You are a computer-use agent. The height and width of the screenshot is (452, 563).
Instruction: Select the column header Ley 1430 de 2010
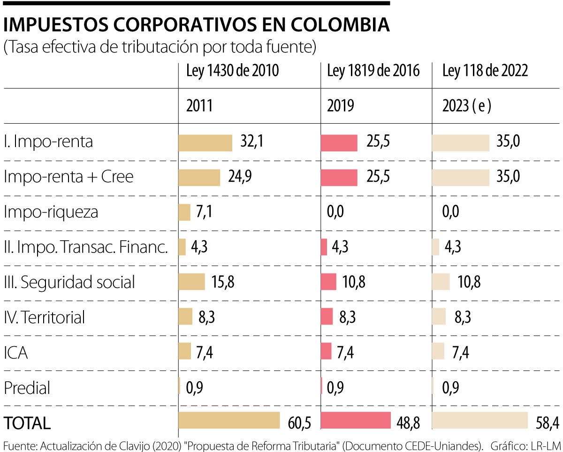[x=233, y=71]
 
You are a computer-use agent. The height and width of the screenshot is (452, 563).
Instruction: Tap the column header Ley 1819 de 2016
[x=373, y=71]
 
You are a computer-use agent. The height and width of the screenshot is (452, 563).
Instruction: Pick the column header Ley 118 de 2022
[x=485, y=71]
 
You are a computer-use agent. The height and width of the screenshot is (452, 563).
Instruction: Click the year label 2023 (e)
[x=467, y=106]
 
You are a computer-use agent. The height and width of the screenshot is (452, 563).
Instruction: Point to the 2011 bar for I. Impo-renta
[x=205, y=143]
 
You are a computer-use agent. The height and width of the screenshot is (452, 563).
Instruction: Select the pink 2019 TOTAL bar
[x=356, y=421]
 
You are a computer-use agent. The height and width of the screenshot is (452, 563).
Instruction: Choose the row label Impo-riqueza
[x=51, y=212]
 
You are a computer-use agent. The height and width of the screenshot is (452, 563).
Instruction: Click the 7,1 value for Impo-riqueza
[x=205, y=212]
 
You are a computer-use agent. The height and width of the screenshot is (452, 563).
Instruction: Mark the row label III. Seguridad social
[x=69, y=282]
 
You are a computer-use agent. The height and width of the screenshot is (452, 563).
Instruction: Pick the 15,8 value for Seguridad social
[x=223, y=282]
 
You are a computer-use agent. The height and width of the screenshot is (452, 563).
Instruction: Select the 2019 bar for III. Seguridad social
[x=328, y=282]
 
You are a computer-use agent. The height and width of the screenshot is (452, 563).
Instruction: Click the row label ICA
[x=16, y=353]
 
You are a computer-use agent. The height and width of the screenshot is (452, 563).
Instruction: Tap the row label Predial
[x=27, y=388]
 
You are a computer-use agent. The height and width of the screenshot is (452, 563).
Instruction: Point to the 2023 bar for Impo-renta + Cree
[x=460, y=178]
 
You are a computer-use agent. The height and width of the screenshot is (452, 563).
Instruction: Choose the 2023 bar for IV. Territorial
[x=439, y=317]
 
